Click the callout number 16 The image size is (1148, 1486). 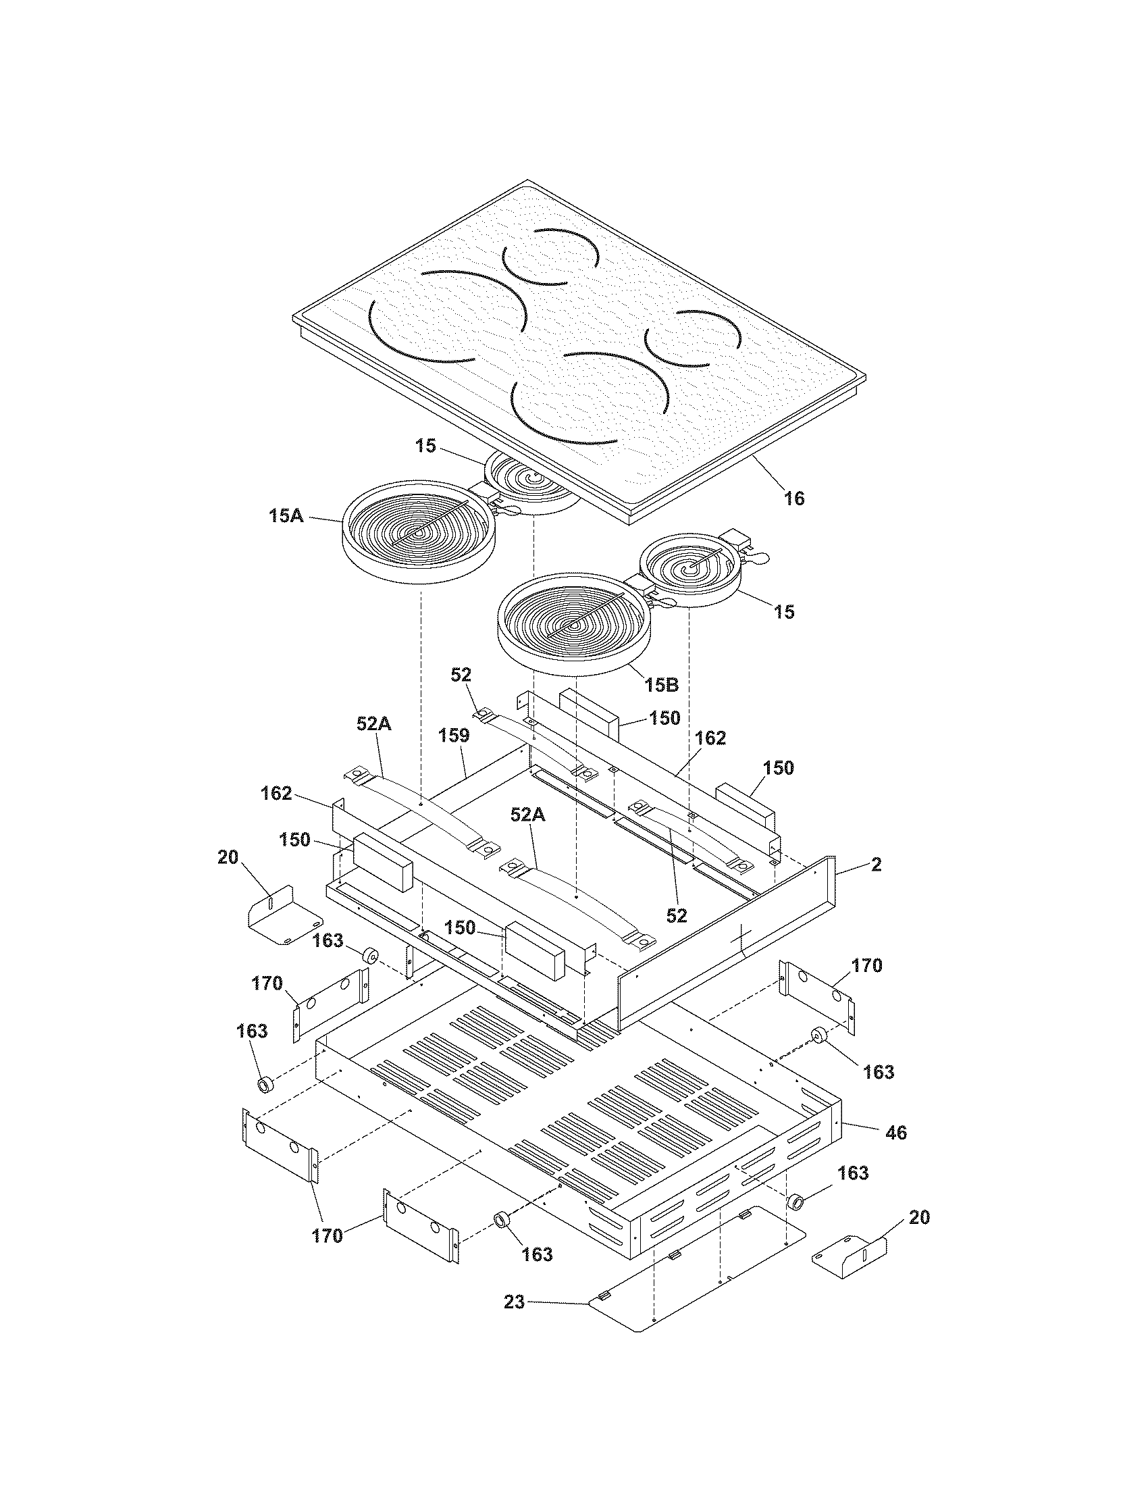[x=793, y=498]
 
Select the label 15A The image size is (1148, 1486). [x=286, y=516]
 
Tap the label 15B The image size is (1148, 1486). [x=662, y=684]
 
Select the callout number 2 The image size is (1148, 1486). [x=876, y=865]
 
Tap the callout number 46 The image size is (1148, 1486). [x=896, y=1133]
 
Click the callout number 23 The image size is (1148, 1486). [x=514, y=1303]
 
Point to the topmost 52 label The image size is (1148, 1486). [x=461, y=675]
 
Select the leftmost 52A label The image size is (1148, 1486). [x=373, y=725]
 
